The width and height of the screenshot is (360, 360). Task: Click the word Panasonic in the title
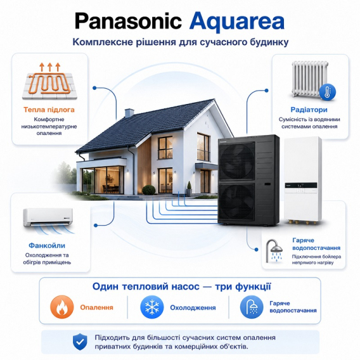click(128, 22)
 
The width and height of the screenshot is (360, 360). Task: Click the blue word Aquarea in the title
click(237, 22)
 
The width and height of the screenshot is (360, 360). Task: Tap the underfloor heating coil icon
click(49, 81)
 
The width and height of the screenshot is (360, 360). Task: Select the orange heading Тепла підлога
click(49, 110)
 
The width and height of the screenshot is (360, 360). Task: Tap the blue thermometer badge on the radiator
click(328, 92)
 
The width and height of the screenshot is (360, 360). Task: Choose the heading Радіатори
click(309, 110)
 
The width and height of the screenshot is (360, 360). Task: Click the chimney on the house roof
click(129, 113)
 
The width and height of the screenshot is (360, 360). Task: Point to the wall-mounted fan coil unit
click(48, 217)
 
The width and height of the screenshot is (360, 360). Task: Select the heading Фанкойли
click(47, 245)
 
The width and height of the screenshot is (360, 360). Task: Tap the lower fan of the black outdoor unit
click(236, 202)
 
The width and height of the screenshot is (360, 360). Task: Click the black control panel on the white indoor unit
click(301, 185)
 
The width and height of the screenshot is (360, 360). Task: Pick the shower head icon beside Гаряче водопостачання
click(274, 251)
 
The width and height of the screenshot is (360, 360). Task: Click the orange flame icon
click(62, 307)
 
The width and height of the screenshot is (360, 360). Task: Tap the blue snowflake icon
click(152, 307)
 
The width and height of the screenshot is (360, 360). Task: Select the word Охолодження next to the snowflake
click(193, 307)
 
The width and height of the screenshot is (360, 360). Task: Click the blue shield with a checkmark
click(80, 342)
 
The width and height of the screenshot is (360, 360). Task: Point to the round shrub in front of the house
click(149, 190)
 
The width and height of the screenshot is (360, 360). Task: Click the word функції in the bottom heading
click(254, 286)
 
